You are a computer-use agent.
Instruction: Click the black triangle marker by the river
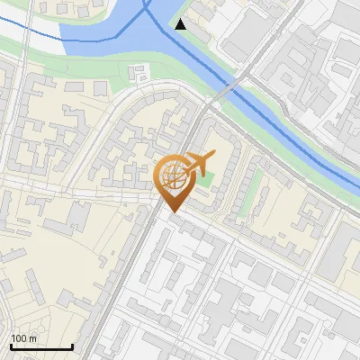(181, 24)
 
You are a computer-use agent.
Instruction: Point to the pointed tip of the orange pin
(172, 212)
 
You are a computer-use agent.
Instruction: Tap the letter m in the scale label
(33, 338)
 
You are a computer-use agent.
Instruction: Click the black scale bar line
(40, 346)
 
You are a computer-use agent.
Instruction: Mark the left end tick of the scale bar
(10, 346)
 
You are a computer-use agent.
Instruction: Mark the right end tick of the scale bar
(72, 346)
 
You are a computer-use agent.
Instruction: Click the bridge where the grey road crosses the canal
(229, 87)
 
